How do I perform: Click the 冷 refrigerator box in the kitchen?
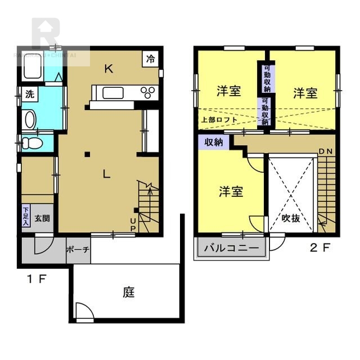tap(151, 58)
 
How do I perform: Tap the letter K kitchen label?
tap(109, 69)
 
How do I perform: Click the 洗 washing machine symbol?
tap(29, 94)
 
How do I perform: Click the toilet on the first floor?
tap(33, 143)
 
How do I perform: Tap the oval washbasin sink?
tap(30, 119)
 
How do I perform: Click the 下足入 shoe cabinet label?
tap(26, 217)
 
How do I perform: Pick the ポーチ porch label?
tap(77, 250)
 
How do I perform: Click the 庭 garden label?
tap(129, 292)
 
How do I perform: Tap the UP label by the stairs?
tap(134, 224)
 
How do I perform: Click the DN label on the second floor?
tap(325, 152)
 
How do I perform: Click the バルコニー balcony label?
tap(231, 247)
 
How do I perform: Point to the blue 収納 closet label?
tap(213, 142)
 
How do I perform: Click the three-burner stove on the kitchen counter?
tap(150, 92)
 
